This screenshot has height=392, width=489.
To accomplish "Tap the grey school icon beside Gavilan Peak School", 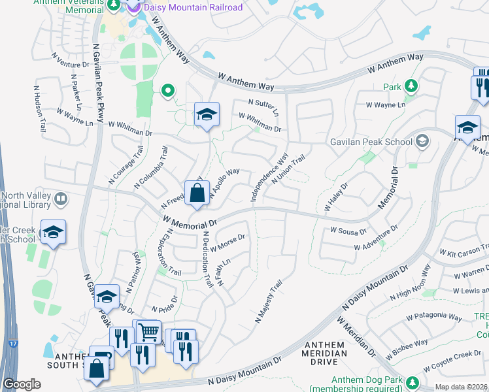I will [x=422, y=141].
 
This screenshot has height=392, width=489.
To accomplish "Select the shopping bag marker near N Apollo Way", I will [x=197, y=193].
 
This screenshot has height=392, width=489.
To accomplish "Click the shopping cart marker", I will [x=148, y=332].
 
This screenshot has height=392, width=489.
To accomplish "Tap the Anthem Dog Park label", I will [x=365, y=381].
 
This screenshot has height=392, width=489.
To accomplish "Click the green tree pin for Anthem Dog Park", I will [x=413, y=382].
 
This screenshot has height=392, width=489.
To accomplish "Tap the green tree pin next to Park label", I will [x=411, y=86].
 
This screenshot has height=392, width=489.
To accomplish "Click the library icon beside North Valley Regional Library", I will [x=61, y=199].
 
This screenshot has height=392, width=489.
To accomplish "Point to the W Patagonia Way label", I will [x=426, y=318].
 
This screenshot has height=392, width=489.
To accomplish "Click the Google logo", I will [x=22, y=384].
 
